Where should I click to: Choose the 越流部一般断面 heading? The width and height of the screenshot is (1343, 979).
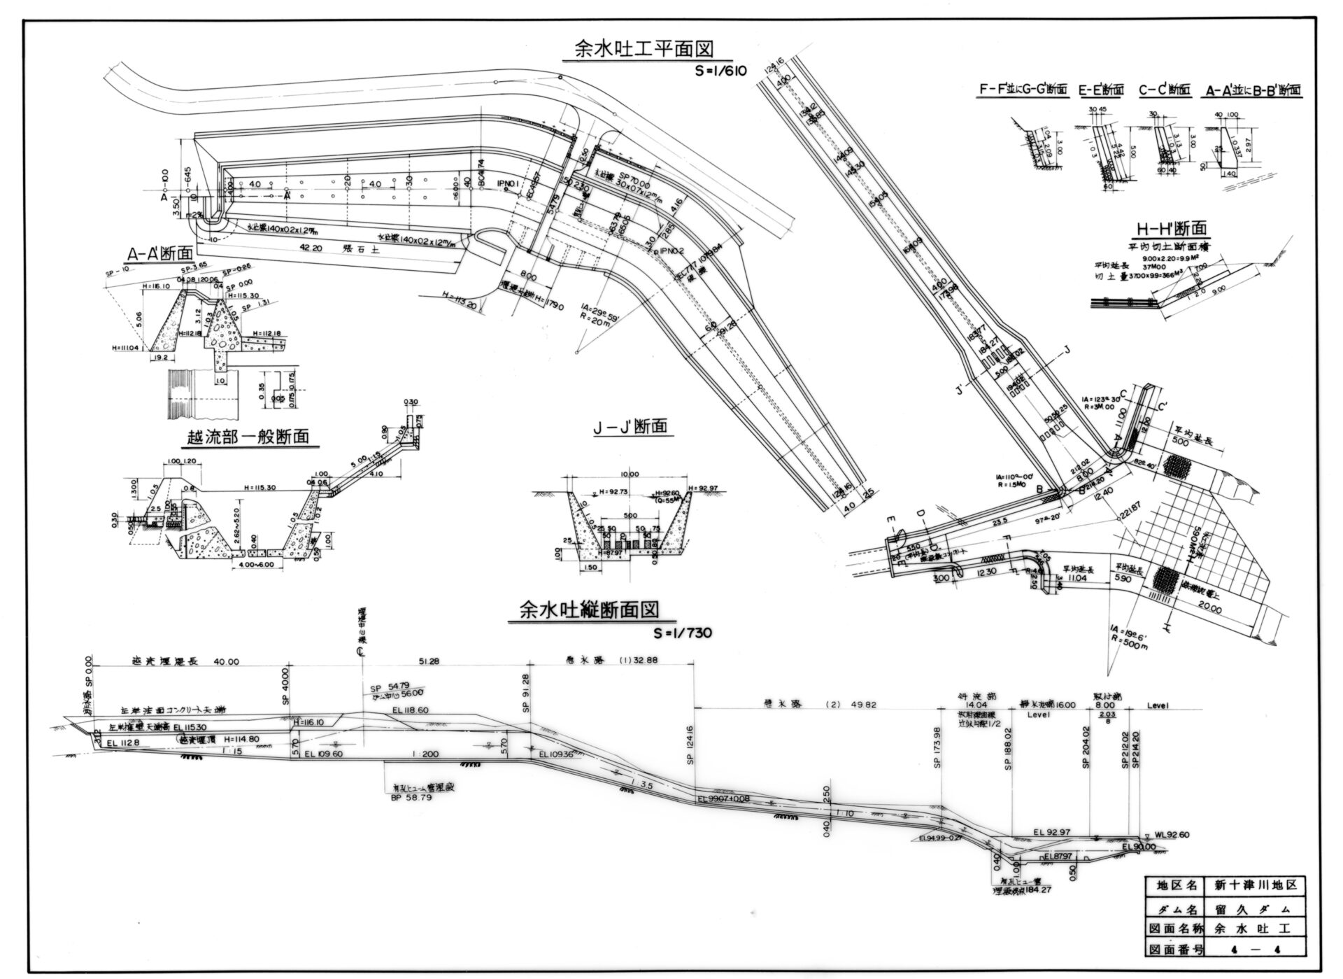pos(248,437)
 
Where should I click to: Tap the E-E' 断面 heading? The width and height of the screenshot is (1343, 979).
pos(1102,90)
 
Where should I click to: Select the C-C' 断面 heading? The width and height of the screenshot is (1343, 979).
pos(1165,90)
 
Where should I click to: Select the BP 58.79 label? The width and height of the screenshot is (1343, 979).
pos(411,797)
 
